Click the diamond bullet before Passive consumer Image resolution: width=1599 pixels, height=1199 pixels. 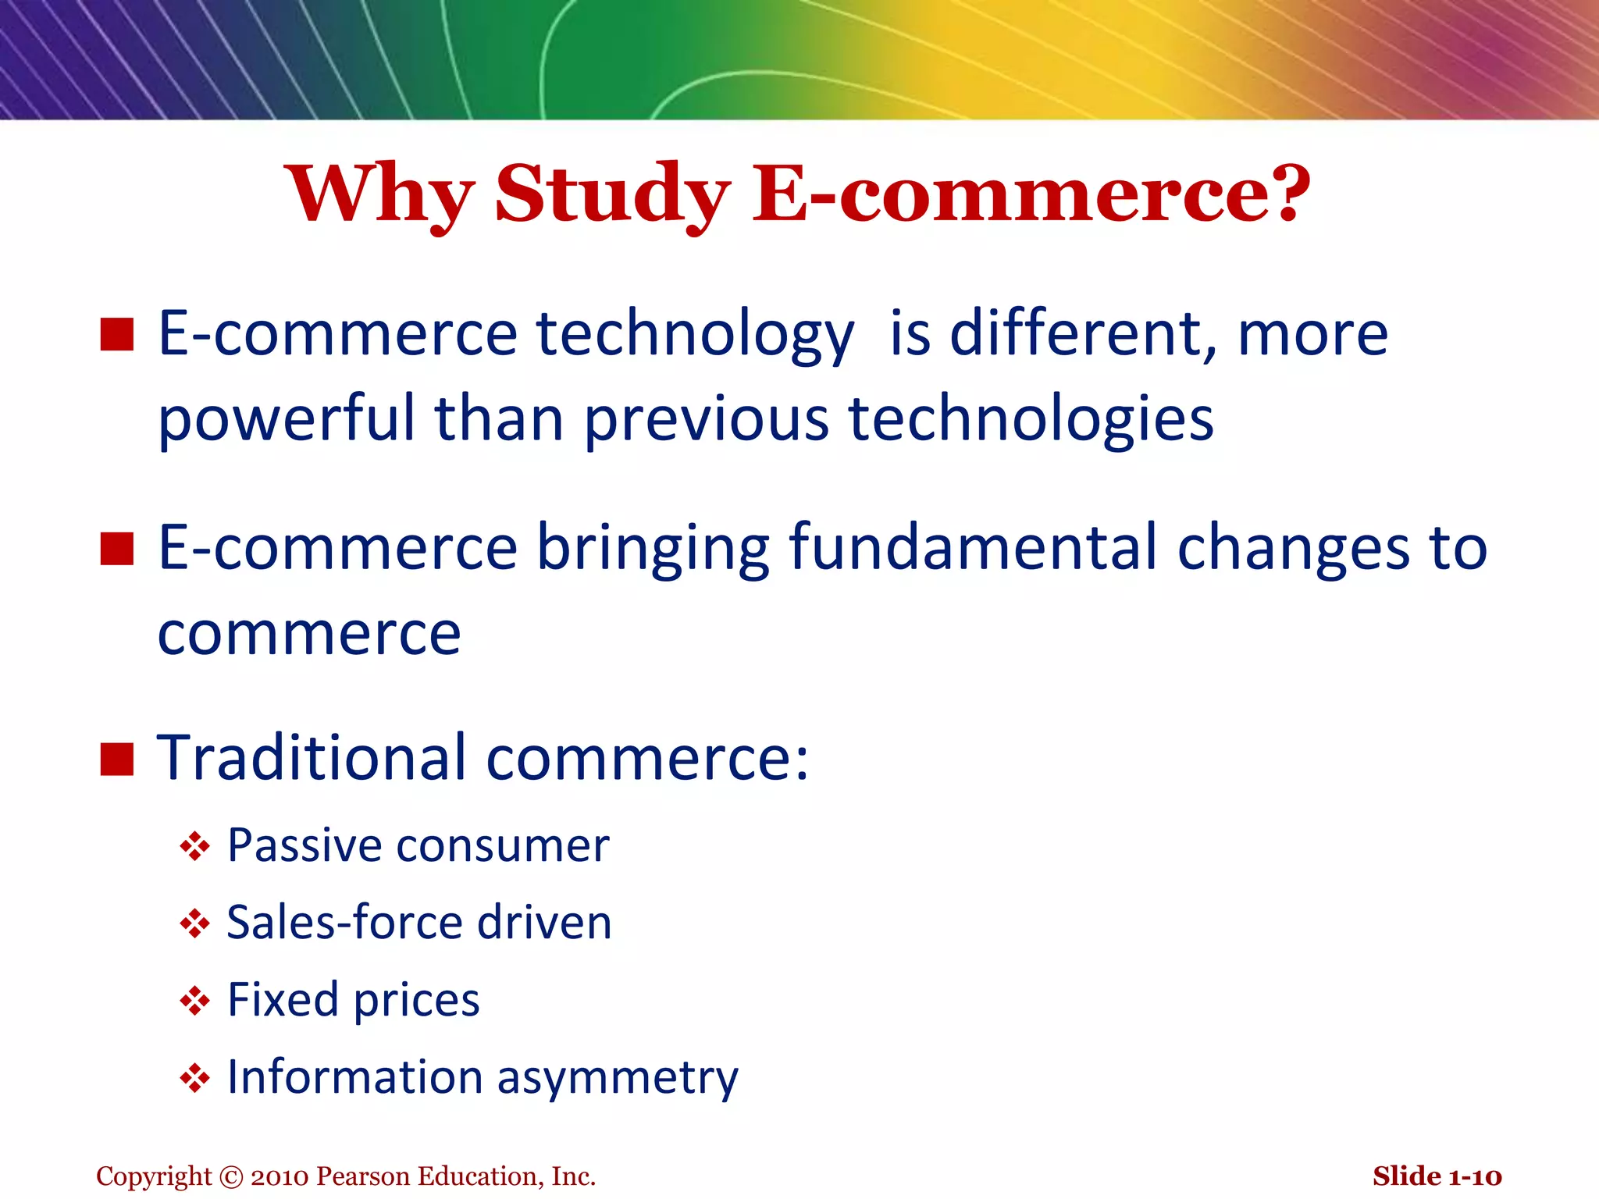194,846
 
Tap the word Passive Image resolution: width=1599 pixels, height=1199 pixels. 304,846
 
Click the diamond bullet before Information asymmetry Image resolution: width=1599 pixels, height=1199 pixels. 194,1079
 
